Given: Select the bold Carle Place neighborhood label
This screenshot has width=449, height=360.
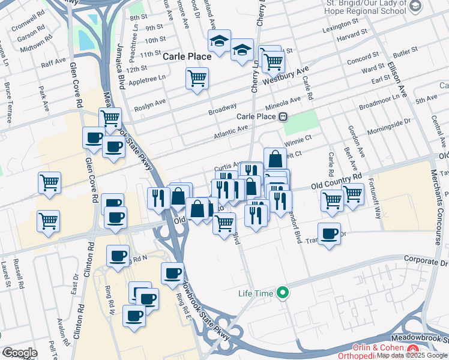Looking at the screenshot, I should click(x=187, y=56).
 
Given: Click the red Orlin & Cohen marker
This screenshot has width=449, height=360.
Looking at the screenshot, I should click(x=412, y=348).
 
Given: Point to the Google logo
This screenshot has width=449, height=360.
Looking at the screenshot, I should click(x=20, y=353).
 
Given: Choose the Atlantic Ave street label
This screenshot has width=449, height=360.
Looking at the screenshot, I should click(x=231, y=133).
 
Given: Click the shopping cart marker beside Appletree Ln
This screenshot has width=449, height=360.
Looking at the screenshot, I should click(x=197, y=79).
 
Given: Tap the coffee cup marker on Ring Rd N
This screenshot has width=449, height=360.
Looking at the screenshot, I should click(x=118, y=256).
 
